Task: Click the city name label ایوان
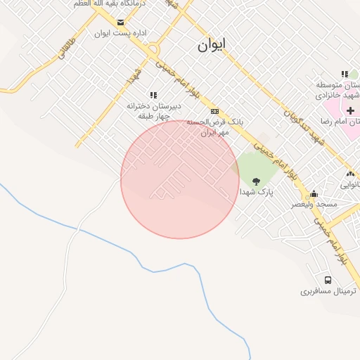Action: [212, 46]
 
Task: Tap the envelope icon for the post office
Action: [121, 22]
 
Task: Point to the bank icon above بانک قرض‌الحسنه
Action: [214, 111]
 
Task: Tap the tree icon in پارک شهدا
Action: [256, 181]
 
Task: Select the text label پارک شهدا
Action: [256, 191]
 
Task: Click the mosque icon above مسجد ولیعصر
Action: [314, 193]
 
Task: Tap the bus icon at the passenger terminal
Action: [328, 280]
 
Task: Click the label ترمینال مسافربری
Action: [329, 290]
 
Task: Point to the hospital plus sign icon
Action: [350, 110]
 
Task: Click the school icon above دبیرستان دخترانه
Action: [153, 95]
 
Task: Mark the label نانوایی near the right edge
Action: [349, 186]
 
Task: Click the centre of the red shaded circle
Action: [180, 180]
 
